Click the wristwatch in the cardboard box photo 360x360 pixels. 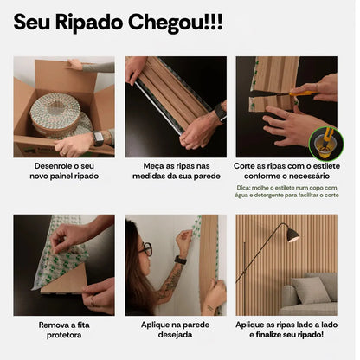(99, 138)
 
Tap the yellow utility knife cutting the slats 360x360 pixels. (302, 92)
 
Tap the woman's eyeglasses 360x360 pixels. (145, 248)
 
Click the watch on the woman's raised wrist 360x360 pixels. (180, 259)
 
